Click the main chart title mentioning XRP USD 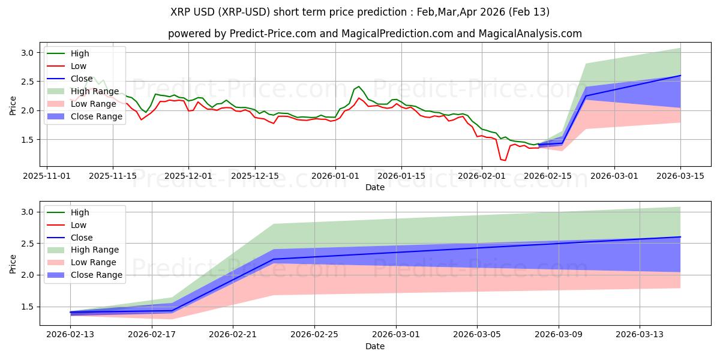(360, 12)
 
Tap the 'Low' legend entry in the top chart (79, 66)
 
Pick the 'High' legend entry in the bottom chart (80, 212)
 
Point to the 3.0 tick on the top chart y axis (28, 53)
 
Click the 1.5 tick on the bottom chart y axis (28, 307)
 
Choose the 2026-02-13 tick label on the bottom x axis (70, 335)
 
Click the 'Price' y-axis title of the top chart (13, 104)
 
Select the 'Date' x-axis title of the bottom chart (375, 346)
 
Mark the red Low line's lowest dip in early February (505, 160)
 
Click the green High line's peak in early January (359, 86)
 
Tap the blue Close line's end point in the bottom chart (680, 236)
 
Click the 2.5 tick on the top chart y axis (28, 82)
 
